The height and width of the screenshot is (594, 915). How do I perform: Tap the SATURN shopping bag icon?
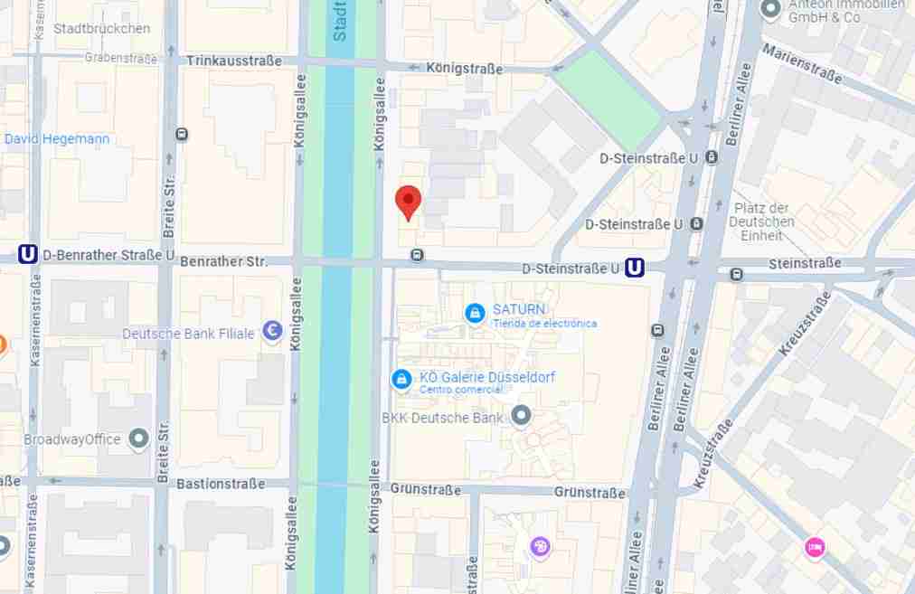(x=474, y=314)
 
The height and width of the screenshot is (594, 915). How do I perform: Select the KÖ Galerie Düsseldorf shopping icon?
(x=401, y=381)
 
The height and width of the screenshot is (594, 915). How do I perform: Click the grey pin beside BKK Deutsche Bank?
(x=521, y=416)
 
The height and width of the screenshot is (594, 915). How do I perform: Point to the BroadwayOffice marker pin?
(x=138, y=439)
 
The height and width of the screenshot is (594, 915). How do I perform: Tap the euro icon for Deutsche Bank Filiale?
(x=271, y=333)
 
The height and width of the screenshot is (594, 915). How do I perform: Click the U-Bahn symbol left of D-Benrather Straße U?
(x=28, y=255)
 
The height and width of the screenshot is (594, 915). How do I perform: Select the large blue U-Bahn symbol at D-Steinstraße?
(x=635, y=268)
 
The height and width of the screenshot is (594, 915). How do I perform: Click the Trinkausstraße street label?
(x=234, y=61)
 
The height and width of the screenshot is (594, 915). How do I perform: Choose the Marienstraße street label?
(x=802, y=63)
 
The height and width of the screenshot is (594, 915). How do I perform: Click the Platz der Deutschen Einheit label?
(x=761, y=222)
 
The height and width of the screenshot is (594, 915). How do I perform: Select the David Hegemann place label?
(x=56, y=139)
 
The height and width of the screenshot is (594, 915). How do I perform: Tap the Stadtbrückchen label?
(x=101, y=29)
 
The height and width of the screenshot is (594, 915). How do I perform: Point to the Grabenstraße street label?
(x=120, y=58)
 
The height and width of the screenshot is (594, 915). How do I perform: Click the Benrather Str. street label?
(x=223, y=261)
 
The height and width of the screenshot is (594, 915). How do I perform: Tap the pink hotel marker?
(x=815, y=546)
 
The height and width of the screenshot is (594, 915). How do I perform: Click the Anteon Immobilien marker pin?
(x=770, y=10)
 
